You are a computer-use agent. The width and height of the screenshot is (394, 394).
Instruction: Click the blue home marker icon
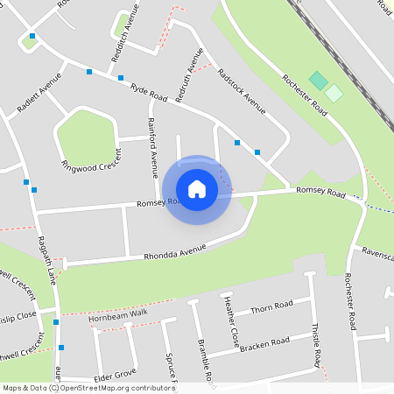point(197,189)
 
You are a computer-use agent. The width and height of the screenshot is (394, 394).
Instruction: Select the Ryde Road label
point(149,92)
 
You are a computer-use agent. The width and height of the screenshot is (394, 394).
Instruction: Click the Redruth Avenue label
point(188,76)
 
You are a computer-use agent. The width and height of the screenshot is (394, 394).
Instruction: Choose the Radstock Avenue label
point(242,92)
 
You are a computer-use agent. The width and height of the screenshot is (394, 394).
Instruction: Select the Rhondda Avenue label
point(175,253)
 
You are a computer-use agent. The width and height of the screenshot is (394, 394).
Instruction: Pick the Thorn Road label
point(271,307)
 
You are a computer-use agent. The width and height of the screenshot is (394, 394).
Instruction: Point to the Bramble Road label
point(205,360)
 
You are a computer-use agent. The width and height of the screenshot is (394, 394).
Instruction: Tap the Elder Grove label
point(115,374)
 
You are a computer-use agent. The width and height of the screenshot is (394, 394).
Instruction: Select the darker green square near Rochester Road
point(318,81)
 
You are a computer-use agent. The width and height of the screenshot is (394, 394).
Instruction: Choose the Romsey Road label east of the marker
point(321,190)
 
